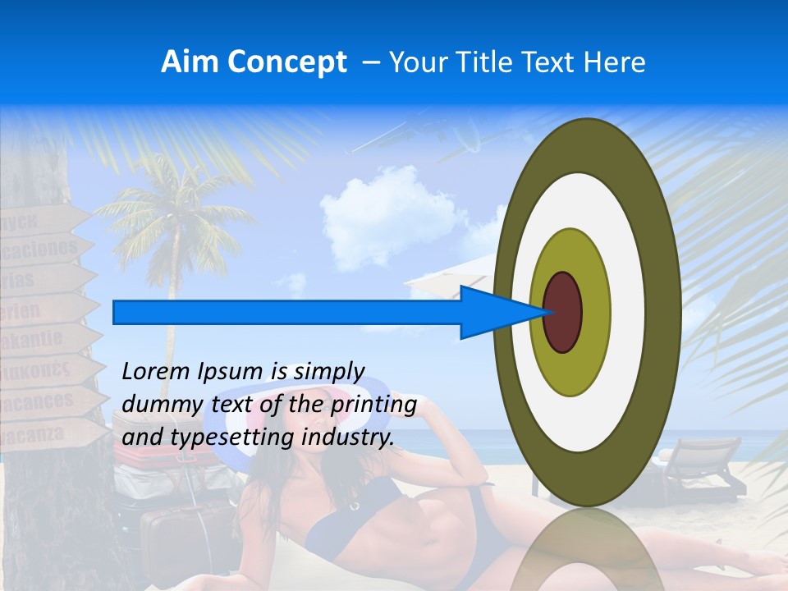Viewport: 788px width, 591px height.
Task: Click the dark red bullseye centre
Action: coord(563,312)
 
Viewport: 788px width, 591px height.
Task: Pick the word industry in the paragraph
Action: coord(349,438)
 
